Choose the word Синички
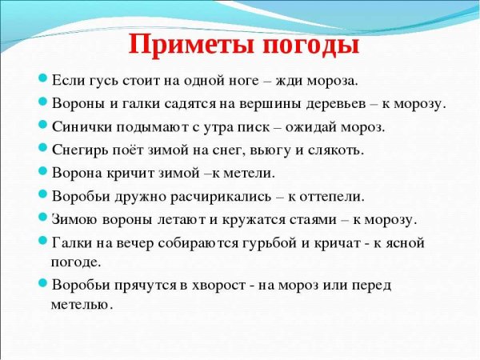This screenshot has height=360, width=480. coord(84,126)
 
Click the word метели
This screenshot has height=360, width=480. coord(246,172)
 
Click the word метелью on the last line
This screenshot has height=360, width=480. coord(82,305)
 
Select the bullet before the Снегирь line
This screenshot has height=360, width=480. coord(43,149)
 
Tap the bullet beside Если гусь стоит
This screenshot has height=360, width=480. coord(43,80)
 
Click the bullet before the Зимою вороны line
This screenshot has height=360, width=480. coord(43,217)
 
